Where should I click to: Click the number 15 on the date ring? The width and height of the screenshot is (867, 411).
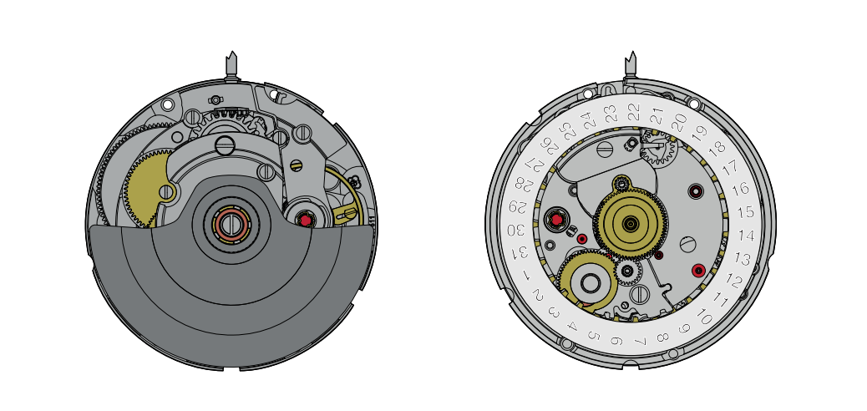[746, 212]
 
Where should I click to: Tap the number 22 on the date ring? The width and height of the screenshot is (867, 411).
[634, 112]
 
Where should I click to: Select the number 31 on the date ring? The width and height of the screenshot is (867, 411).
[521, 253]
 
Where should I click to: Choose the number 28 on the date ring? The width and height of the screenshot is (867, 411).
[523, 183]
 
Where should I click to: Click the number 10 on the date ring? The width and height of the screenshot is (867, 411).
[704, 316]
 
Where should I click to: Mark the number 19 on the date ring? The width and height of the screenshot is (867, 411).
[700, 132]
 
